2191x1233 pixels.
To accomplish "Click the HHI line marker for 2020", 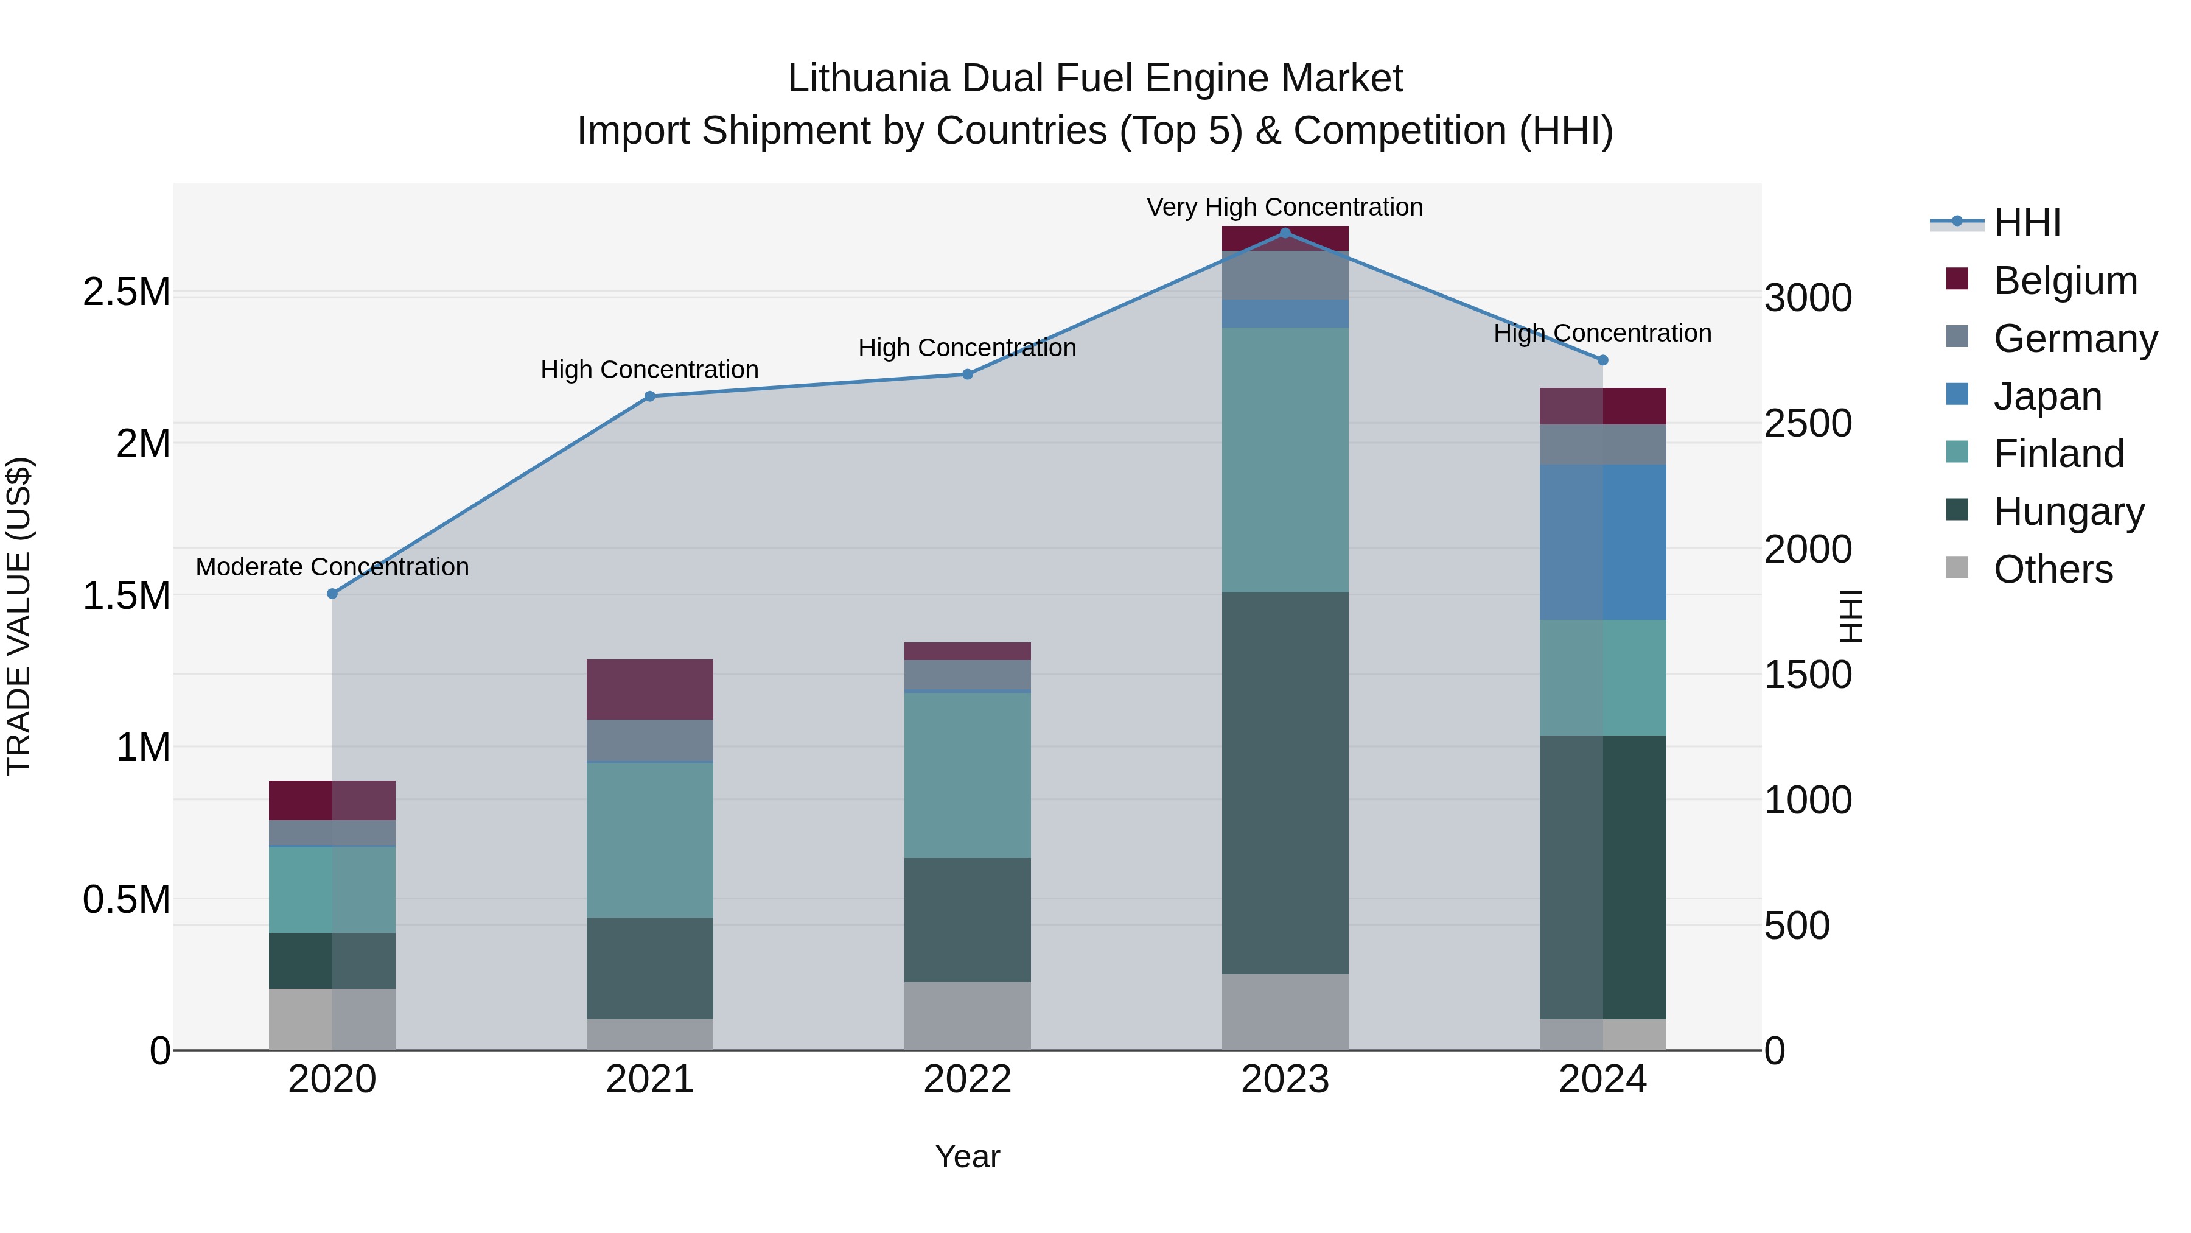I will (x=332, y=593).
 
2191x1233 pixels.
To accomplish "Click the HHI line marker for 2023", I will (x=1285, y=233).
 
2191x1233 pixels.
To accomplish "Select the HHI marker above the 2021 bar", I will (x=650, y=396).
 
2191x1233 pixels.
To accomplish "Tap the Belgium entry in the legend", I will (x=2064, y=281).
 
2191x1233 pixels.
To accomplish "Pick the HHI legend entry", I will (x=2026, y=223).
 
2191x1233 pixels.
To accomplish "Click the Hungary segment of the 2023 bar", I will (x=1285, y=783).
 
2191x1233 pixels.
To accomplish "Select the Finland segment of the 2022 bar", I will (x=967, y=775).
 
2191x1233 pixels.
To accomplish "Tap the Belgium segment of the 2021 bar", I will (x=650, y=689).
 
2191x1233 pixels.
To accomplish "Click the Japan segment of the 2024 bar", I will (x=1602, y=542).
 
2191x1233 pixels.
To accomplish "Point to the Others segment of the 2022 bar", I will (x=967, y=1016).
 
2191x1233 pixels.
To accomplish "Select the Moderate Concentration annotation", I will (x=332, y=567).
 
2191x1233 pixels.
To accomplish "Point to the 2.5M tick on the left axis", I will (x=126, y=292).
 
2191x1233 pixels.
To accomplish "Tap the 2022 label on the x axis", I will (x=967, y=1079).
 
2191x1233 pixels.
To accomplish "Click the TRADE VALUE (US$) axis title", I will (x=19, y=616).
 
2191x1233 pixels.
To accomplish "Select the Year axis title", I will (x=967, y=1156).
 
